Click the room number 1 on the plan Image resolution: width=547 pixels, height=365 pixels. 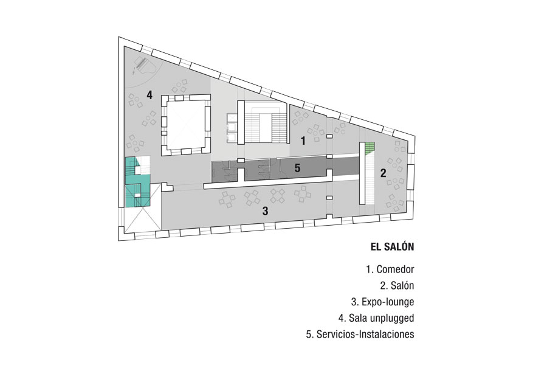click(303, 141)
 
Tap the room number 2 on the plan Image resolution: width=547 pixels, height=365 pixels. click(383, 173)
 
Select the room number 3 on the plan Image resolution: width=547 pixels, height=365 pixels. click(266, 211)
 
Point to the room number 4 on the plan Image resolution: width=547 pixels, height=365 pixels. click(150, 95)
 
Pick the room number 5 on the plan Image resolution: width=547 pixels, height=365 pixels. click(297, 168)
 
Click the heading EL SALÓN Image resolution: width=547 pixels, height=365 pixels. click(392, 247)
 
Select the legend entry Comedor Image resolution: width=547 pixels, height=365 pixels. click(390, 269)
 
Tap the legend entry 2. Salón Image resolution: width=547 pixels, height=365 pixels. click(397, 286)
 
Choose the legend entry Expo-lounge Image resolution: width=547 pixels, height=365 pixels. click(383, 302)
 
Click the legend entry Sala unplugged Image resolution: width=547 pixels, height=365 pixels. click(376, 318)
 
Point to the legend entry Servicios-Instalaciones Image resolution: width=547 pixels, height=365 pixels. click(360, 334)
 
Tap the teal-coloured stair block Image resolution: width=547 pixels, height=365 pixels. click(137, 182)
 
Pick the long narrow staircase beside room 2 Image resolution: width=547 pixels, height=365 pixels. click(366, 173)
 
